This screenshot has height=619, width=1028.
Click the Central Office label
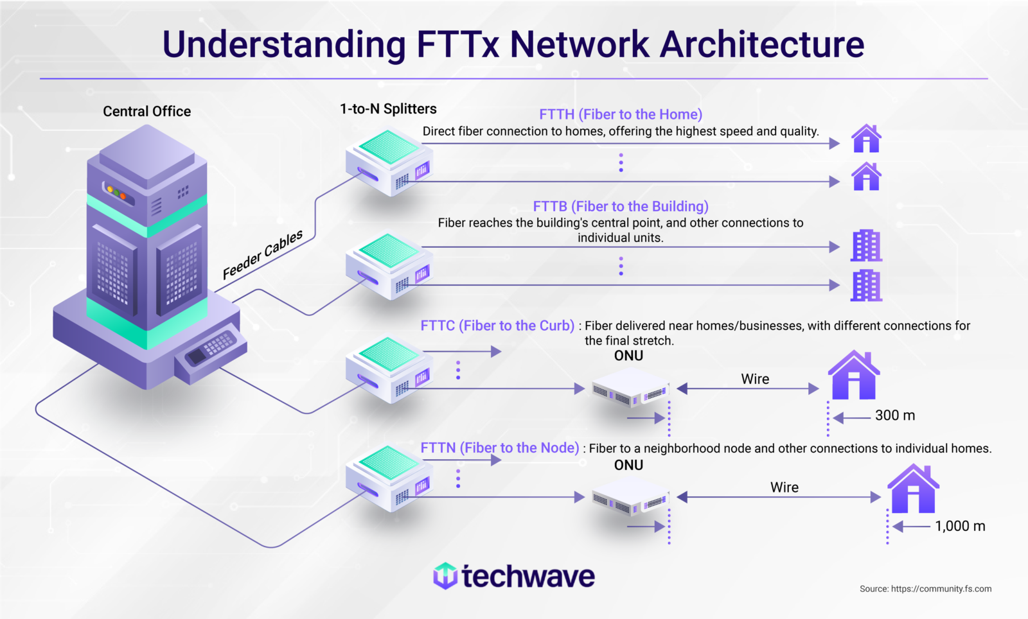pyautogui.click(x=146, y=112)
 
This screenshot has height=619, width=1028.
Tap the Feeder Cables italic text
pyautogui.click(x=262, y=255)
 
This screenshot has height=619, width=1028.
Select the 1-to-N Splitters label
pyautogui.click(x=388, y=109)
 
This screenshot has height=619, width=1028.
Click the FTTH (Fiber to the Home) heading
pyautogui.click(x=620, y=114)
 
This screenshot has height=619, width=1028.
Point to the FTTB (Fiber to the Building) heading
pyautogui.click(x=620, y=206)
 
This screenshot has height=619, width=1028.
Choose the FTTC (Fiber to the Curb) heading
pyautogui.click(x=497, y=326)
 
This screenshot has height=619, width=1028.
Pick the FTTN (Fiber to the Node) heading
pyautogui.click(x=500, y=448)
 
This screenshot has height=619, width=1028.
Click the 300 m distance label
pyautogui.click(x=894, y=415)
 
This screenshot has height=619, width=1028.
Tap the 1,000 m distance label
pyautogui.click(x=959, y=527)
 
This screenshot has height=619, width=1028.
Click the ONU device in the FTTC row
pyautogui.click(x=630, y=390)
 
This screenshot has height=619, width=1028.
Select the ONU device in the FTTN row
pyautogui.click(x=630, y=500)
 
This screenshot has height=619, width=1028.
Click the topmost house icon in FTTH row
pyautogui.click(x=866, y=138)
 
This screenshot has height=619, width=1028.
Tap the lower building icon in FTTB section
pyautogui.click(x=866, y=286)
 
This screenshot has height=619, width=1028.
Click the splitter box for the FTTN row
pyautogui.click(x=389, y=478)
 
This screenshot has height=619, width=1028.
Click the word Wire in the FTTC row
pyautogui.click(x=755, y=379)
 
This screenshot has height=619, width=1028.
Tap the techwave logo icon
pyautogui.click(x=445, y=576)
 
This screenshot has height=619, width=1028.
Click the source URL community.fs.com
pyautogui.click(x=941, y=589)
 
